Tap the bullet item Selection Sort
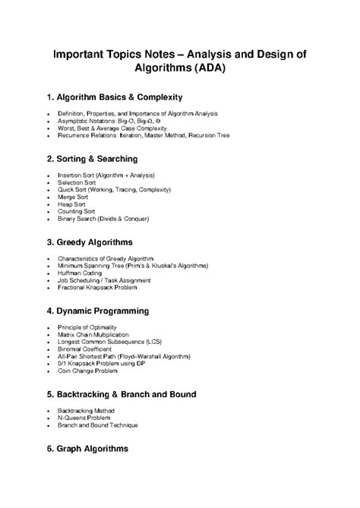(x=77, y=181)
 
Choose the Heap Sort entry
(x=71, y=204)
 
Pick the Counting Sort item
(x=77, y=211)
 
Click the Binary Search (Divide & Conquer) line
(x=103, y=219)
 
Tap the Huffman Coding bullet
(x=80, y=273)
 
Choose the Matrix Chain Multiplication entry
(x=93, y=334)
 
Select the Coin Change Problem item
(x=87, y=371)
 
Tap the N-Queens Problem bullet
(x=84, y=418)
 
